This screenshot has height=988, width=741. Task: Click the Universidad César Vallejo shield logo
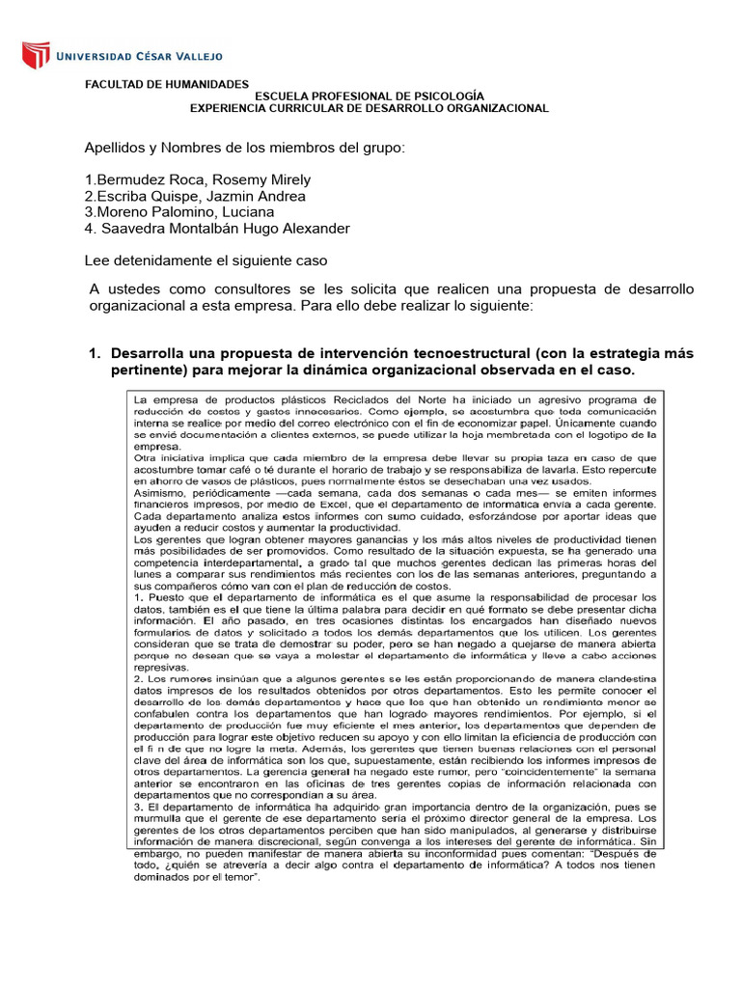coord(36,54)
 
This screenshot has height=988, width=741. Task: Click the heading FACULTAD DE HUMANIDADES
coord(167,85)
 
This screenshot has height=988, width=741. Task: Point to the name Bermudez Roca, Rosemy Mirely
coord(202,180)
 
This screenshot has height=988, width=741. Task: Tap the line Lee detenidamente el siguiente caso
coord(206,261)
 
